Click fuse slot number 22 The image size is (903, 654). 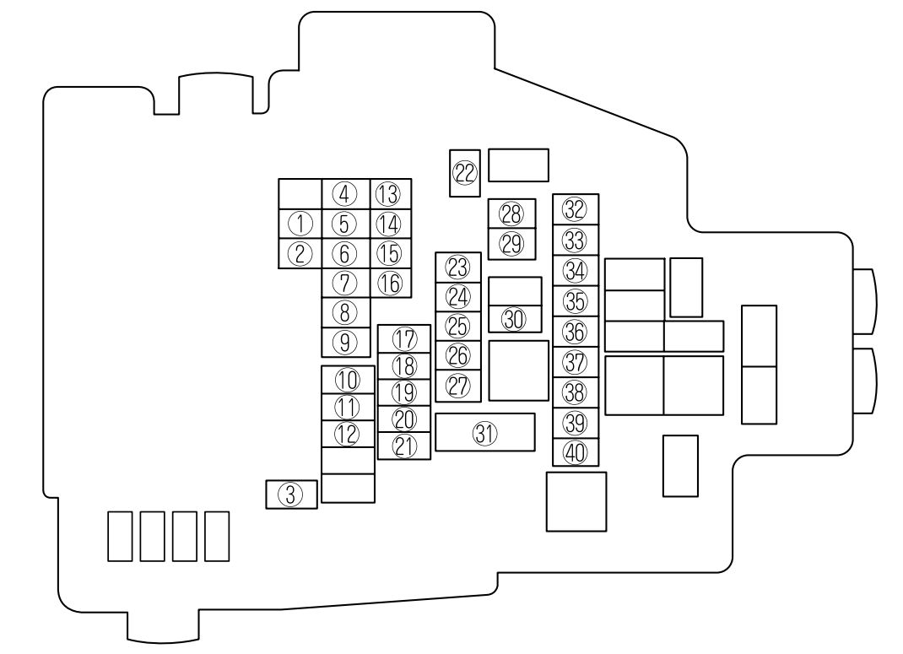465,173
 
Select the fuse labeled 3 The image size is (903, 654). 291,495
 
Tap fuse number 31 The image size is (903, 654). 485,432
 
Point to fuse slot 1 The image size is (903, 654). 300,224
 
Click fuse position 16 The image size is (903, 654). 391,284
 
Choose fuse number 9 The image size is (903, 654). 345,343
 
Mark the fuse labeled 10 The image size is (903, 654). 348,380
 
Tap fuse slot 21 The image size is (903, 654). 404,446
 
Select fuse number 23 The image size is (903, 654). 458,268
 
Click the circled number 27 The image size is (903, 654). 458,386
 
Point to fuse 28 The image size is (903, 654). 511,213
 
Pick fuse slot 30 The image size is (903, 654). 515,319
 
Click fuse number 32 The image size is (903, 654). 576,209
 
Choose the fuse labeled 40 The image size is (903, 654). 576,452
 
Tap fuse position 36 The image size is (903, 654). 576,332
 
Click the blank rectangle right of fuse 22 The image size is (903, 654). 518,165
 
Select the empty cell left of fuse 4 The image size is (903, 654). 300,194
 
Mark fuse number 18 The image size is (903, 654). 404,365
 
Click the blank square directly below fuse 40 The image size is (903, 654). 576,501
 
